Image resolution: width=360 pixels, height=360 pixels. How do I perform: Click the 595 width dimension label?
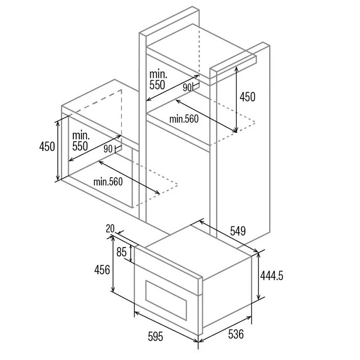pyautogui.click(x=155, y=337)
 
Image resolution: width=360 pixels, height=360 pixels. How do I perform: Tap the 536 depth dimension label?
pyautogui.click(x=236, y=334)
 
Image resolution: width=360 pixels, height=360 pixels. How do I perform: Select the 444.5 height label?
pyautogui.click(x=272, y=275)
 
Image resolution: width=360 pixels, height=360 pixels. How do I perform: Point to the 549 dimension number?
pyautogui.click(x=238, y=231)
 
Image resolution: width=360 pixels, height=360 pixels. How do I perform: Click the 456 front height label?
pyautogui.click(x=102, y=270)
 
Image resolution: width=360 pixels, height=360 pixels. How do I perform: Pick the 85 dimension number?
pyautogui.click(x=121, y=252)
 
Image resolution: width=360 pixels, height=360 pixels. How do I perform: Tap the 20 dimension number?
pyautogui.click(x=110, y=229)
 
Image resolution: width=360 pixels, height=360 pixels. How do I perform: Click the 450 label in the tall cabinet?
pyautogui.click(x=247, y=97)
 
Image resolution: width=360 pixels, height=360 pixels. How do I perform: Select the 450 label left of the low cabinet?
pyautogui.click(x=47, y=146)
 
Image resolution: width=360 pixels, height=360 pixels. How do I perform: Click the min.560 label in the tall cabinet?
pyautogui.click(x=184, y=119)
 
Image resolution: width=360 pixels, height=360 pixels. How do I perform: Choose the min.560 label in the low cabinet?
pyautogui.click(x=108, y=182)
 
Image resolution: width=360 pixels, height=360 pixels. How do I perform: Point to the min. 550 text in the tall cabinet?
pyautogui.click(x=158, y=80)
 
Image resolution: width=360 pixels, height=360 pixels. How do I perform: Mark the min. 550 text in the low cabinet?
pyautogui.click(x=81, y=141)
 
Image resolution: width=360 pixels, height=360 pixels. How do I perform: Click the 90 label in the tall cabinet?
pyautogui.click(x=187, y=87)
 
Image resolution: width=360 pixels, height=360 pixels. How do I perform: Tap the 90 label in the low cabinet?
pyautogui.click(x=108, y=149)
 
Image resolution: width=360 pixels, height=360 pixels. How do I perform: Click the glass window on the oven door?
pyautogui.click(x=166, y=300)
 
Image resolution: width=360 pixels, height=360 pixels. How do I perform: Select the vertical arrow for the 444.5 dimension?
pyautogui.click(x=258, y=276)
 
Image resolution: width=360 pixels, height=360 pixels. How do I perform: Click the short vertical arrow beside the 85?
pyautogui.click(x=131, y=253)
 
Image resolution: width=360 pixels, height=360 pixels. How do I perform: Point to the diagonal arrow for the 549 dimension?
pyautogui.click(x=229, y=236)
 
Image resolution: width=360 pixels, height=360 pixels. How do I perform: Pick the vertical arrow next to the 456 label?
pyautogui.click(x=113, y=264)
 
